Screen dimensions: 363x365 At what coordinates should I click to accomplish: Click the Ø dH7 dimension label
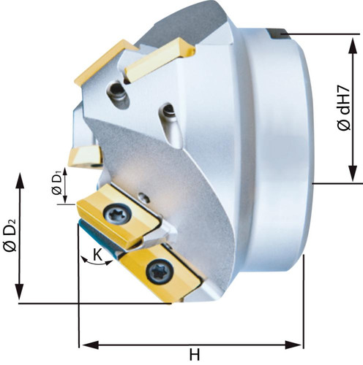point(345,108)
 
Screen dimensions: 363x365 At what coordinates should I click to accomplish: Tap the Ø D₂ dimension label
point(10,235)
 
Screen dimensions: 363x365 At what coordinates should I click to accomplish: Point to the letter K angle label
point(97,255)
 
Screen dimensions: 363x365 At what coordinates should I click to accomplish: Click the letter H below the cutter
point(195,354)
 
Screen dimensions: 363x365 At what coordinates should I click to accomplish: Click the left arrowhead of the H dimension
point(91,345)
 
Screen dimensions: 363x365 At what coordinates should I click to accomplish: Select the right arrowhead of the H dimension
point(293,345)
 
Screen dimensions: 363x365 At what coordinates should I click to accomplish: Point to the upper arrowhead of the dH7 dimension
point(353,45)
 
